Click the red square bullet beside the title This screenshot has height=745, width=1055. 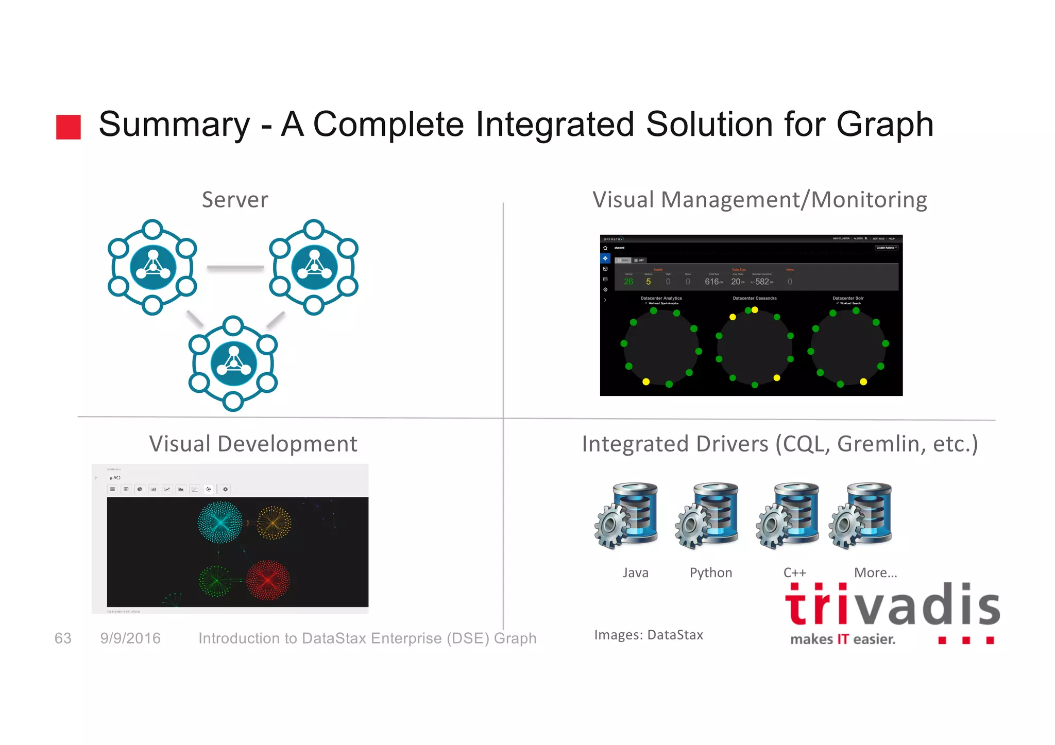(68, 127)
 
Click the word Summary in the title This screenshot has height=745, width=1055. (174, 125)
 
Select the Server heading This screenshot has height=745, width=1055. (235, 200)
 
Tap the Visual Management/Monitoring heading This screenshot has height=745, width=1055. (759, 200)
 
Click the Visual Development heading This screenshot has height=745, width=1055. (253, 444)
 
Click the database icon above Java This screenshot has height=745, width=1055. (626, 515)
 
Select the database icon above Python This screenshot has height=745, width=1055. (707, 515)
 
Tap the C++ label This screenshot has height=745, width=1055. (794, 573)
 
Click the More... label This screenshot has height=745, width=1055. (875, 573)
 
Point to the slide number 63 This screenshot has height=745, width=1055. (63, 638)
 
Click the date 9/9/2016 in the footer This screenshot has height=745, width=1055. (130, 638)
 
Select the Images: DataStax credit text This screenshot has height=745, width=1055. (649, 635)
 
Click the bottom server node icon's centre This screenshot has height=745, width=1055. (233, 363)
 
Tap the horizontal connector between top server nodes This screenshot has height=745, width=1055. (235, 268)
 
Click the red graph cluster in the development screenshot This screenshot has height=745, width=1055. (268, 580)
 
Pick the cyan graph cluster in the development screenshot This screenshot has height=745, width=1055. (220, 522)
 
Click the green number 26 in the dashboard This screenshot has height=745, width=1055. (628, 282)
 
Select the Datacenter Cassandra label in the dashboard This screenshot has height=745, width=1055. (755, 298)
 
